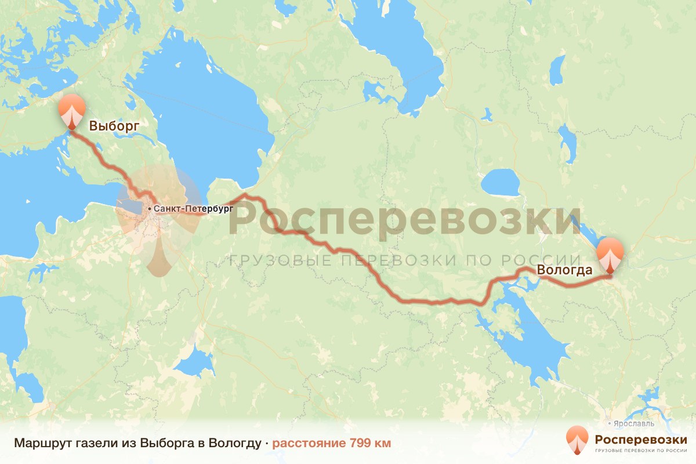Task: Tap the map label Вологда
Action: pyautogui.click(x=564, y=270)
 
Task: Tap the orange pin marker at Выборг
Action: pyautogui.click(x=72, y=110)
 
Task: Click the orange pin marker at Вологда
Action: pyautogui.click(x=611, y=255)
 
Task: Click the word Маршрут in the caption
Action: pyautogui.click(x=38, y=443)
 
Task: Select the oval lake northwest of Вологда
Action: pyautogui.click(x=500, y=183)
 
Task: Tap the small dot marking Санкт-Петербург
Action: pyautogui.click(x=150, y=208)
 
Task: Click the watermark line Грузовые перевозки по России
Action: pyautogui.click(x=406, y=260)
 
